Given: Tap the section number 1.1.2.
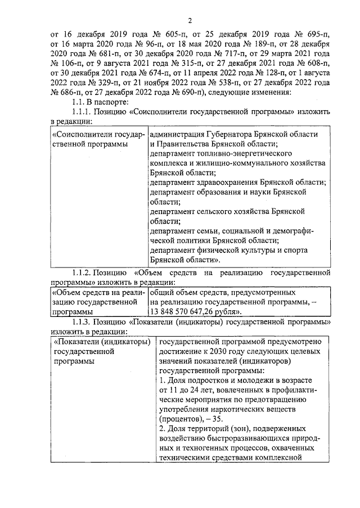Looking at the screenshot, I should pyautogui.click(x=82, y=274).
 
